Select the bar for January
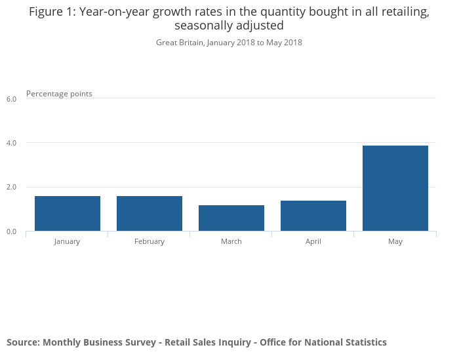68,213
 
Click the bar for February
150,213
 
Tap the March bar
231,218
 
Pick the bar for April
313,216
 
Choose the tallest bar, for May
395,188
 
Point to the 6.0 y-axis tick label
11,99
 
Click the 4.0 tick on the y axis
11,143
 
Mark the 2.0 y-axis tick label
11,188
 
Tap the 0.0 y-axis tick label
11,231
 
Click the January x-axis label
68,241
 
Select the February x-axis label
150,241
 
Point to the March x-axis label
231,241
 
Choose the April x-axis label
313,241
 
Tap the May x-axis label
395,241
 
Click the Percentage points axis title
59,94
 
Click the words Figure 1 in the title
52,12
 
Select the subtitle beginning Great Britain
229,43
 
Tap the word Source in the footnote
22,342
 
